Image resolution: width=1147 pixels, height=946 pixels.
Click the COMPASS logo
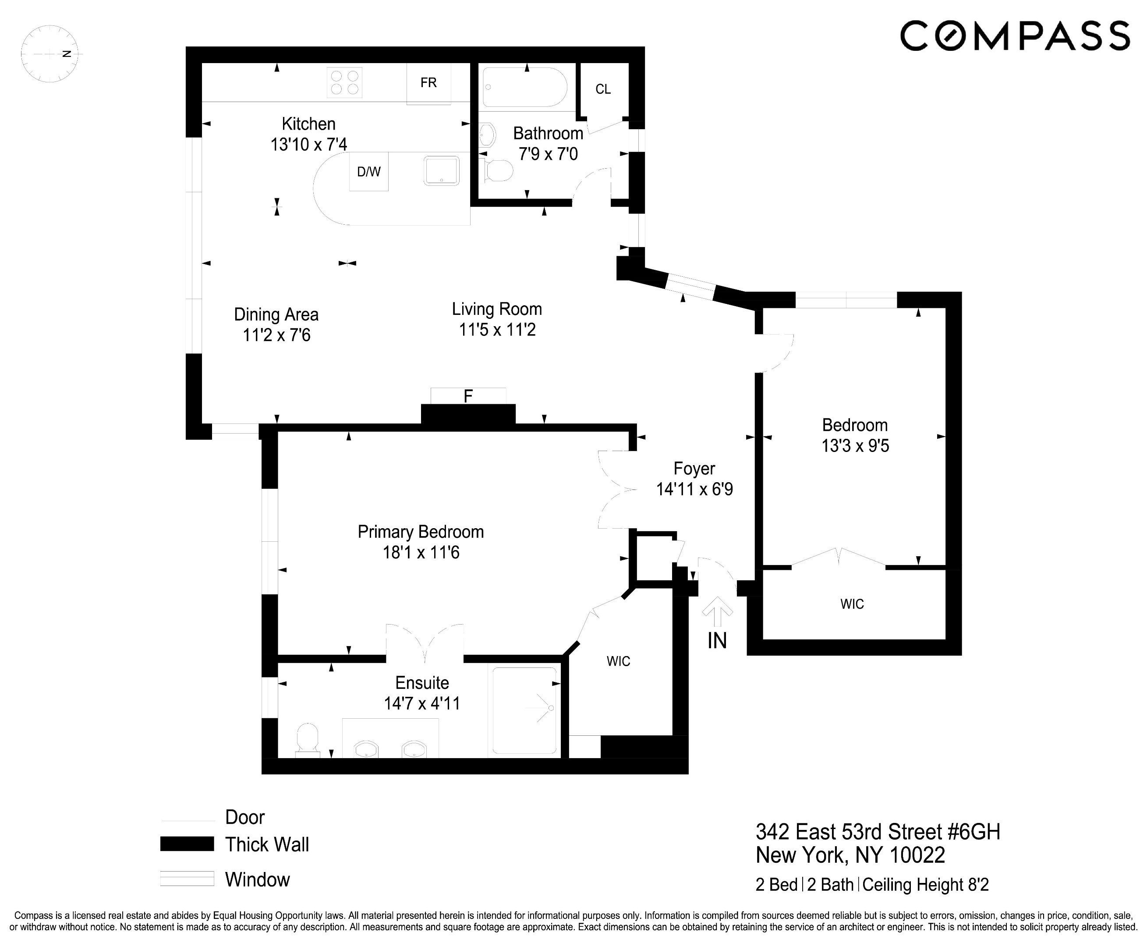(x=1014, y=36)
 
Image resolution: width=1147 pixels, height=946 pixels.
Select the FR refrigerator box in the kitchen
(x=428, y=83)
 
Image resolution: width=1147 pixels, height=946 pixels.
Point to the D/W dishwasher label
(x=368, y=172)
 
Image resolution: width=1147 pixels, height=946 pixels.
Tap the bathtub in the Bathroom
(x=525, y=87)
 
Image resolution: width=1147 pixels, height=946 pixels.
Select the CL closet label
(x=603, y=89)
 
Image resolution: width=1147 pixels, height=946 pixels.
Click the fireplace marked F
(x=468, y=397)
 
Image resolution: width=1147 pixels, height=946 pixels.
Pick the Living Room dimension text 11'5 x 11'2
(x=497, y=330)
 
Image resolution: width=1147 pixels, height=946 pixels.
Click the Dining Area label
(x=276, y=314)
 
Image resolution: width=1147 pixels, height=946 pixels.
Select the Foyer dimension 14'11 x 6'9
(x=694, y=489)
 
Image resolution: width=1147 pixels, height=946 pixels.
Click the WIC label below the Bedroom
(x=852, y=604)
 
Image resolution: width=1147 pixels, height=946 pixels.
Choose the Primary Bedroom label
(x=420, y=532)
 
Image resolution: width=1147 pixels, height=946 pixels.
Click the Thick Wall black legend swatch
(x=187, y=844)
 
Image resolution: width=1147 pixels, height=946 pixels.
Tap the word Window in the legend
(x=257, y=879)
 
